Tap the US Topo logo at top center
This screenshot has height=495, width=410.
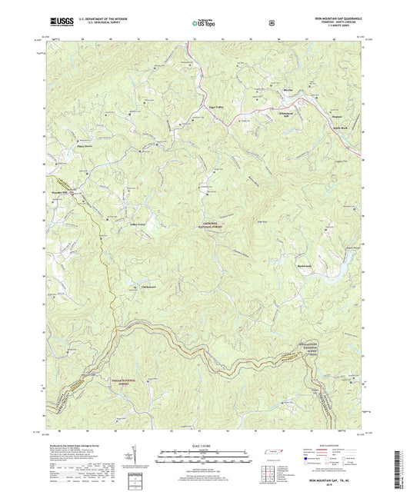coord(202,24)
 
